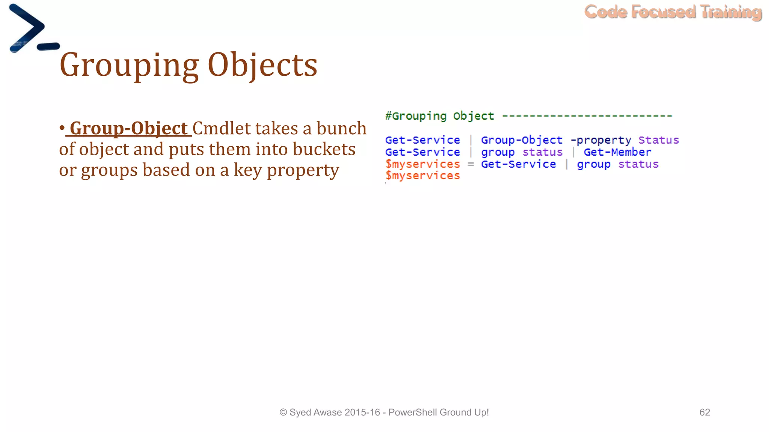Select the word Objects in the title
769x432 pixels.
262,65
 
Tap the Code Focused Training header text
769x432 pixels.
673,12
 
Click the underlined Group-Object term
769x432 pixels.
128,129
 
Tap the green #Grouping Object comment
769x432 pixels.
440,116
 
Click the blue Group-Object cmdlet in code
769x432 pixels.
522,140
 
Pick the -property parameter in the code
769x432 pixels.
601,140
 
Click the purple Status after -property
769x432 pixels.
659,140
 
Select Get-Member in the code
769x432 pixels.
617,152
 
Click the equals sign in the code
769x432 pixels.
470,164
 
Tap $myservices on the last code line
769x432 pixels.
422,175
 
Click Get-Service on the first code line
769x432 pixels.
422,140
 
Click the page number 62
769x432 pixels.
704,412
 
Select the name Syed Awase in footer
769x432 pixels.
315,412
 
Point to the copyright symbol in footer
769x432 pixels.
283,412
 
